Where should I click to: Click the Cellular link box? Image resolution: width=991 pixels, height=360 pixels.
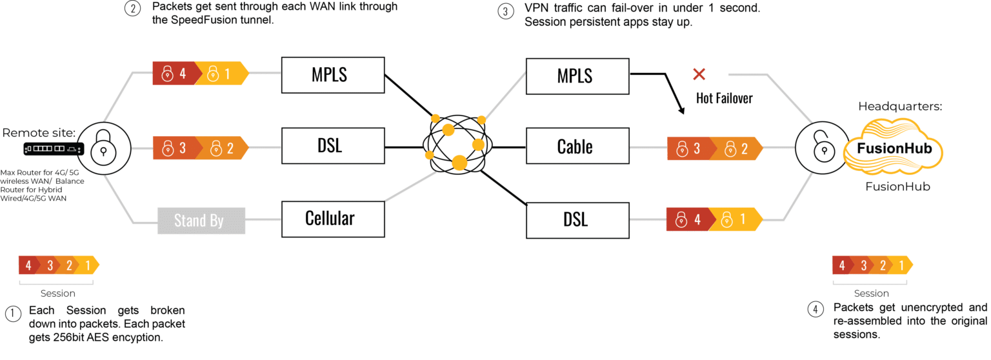[x=330, y=218]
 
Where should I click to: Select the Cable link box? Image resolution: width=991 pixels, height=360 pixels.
[x=575, y=146]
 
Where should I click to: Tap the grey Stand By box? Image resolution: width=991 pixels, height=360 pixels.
[x=199, y=221]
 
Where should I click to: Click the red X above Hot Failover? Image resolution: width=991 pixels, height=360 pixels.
[x=698, y=75]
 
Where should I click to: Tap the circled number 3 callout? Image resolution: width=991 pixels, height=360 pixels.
[x=506, y=11]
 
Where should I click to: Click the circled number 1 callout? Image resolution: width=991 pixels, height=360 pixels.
[x=13, y=314]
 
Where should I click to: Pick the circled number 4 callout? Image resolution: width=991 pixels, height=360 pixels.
[x=816, y=309]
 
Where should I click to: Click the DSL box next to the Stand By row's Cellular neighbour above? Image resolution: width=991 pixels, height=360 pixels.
[x=330, y=146]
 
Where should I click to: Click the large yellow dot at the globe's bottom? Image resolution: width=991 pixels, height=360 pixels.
[x=459, y=162]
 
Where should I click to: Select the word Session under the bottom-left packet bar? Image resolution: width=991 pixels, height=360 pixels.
[x=58, y=294]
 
